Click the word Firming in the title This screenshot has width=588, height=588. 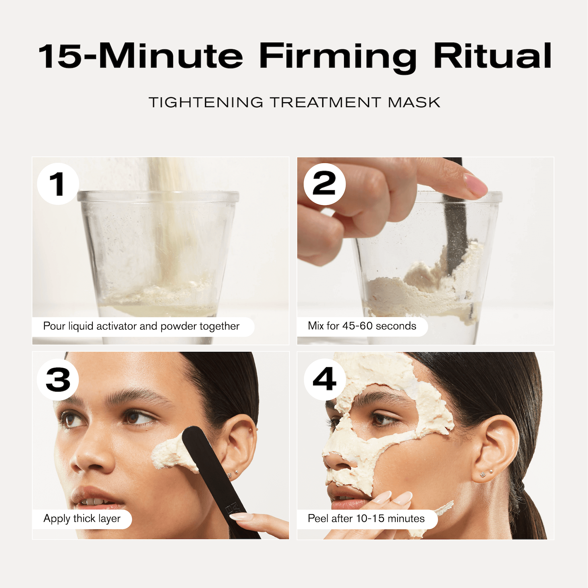(x=338, y=56)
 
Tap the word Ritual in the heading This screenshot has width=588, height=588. (x=493, y=56)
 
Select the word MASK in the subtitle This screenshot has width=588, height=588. (x=414, y=103)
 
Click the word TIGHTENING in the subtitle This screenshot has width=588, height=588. (x=206, y=103)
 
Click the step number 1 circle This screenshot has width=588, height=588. (x=58, y=184)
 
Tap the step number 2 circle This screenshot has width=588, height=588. (x=324, y=184)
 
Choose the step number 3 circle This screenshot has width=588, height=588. (x=58, y=380)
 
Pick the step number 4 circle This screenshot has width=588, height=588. (x=324, y=380)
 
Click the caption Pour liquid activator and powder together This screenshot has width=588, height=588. (x=141, y=326)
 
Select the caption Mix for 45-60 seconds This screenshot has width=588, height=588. (x=362, y=326)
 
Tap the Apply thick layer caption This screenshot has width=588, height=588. (x=82, y=518)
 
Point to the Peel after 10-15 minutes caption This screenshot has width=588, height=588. (x=366, y=518)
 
